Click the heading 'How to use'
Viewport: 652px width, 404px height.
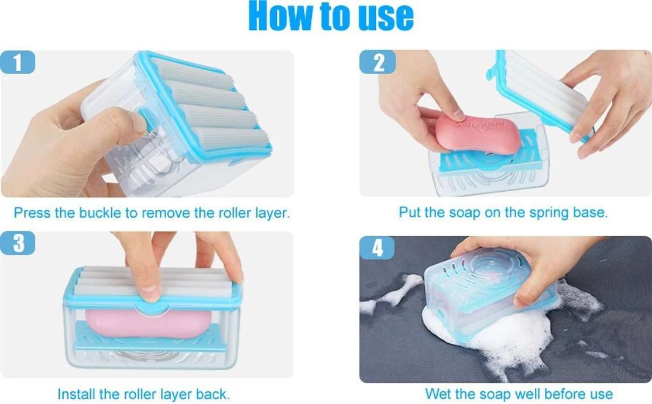[331, 16]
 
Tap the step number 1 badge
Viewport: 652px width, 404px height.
[18, 63]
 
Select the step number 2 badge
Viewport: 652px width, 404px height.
[378, 63]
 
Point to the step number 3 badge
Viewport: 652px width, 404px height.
[18, 243]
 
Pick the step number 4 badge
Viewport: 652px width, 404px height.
[377, 248]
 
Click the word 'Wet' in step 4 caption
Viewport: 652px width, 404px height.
[438, 393]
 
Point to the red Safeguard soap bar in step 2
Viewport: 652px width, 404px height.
[478, 134]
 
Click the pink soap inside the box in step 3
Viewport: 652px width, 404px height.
[149, 323]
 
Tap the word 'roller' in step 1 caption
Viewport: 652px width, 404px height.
[232, 213]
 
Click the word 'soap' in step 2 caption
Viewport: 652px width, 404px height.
[465, 212]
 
